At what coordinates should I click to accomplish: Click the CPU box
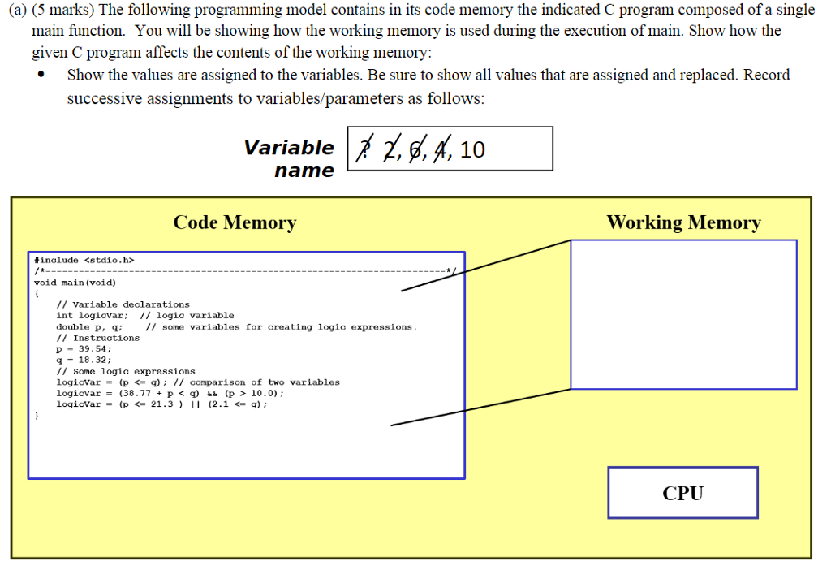pos(682,492)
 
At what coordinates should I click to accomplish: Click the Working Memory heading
pos(683,222)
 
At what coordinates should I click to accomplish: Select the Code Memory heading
pos(235,222)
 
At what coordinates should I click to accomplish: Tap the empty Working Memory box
pos(683,313)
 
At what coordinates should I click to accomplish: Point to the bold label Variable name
pos(289,159)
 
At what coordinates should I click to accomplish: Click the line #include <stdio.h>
pos(84,260)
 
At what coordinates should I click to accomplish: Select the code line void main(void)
pos(75,283)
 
